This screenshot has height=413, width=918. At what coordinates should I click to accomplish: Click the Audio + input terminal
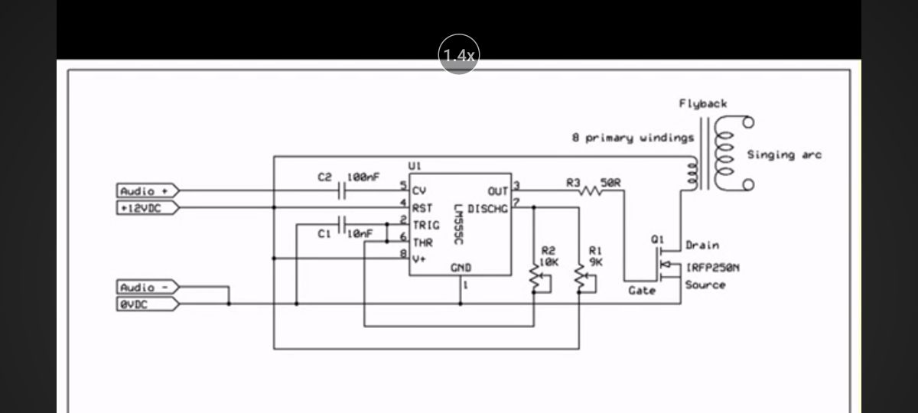(148, 191)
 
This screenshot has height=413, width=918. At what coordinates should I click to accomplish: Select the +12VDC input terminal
(148, 208)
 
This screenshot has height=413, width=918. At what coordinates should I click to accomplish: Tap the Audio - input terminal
(148, 288)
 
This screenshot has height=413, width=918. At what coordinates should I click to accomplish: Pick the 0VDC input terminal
(148, 304)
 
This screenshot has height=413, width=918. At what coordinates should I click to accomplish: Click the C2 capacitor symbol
(342, 190)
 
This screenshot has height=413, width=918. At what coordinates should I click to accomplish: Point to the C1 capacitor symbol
(342, 225)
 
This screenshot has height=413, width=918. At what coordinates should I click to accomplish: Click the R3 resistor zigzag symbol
(590, 190)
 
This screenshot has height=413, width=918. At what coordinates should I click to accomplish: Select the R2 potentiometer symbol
(535, 276)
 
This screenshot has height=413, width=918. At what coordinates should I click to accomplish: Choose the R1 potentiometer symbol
(580, 276)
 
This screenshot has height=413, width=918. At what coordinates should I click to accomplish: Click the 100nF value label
(363, 177)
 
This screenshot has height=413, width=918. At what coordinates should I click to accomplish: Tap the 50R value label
(610, 183)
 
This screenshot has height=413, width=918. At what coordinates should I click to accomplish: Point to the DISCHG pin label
(488, 209)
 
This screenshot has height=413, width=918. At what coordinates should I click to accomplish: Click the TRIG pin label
(426, 226)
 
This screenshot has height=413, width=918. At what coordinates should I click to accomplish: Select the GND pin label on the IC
(461, 268)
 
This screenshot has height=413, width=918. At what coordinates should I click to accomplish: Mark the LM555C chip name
(458, 225)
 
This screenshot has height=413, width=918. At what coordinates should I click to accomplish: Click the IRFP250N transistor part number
(713, 268)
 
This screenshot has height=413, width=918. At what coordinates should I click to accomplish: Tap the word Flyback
(703, 104)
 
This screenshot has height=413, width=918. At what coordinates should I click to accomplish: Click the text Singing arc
(784, 154)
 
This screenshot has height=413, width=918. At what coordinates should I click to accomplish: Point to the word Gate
(642, 291)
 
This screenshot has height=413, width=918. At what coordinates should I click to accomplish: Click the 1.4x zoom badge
(459, 54)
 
